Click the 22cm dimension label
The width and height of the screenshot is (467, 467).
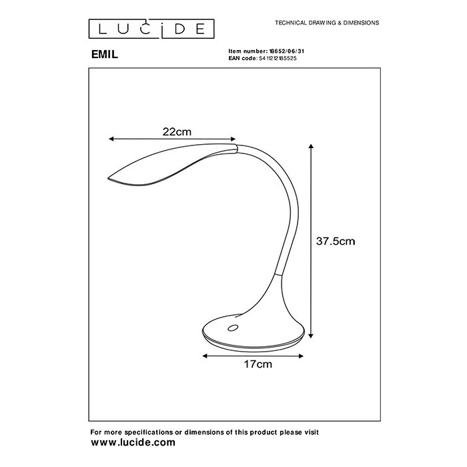pos(177,131)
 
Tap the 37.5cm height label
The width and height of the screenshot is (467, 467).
pos(336,241)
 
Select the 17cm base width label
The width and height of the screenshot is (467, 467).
pos(258,364)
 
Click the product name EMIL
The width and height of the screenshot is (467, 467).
pos(105,54)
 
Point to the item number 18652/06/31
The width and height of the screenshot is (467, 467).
pos(287,51)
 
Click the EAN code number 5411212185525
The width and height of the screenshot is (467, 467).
pos(278,59)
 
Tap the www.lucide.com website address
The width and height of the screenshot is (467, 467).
pos(133,442)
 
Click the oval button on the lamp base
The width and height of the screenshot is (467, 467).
pos(233,328)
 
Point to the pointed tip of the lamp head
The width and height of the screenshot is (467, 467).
pos(108,178)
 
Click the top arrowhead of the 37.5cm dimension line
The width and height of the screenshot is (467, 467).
pos(311,146)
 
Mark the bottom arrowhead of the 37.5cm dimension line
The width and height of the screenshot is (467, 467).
pos(311,336)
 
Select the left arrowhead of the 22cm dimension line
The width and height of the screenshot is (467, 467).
pos(111,139)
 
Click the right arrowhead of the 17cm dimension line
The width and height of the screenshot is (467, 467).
pos(301,356)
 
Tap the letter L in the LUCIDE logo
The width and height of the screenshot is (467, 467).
pos(102,29)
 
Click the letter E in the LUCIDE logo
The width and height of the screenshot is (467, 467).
pos(200,29)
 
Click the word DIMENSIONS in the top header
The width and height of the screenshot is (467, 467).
pos(361,23)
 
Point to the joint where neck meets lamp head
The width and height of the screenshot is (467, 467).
pos(237,149)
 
